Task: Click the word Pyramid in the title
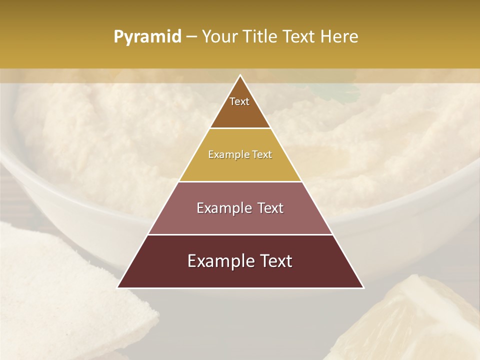(147, 37)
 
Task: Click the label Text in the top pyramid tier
(239, 102)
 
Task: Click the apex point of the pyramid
(240, 76)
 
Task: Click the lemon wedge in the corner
(410, 320)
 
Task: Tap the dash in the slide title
(191, 37)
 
